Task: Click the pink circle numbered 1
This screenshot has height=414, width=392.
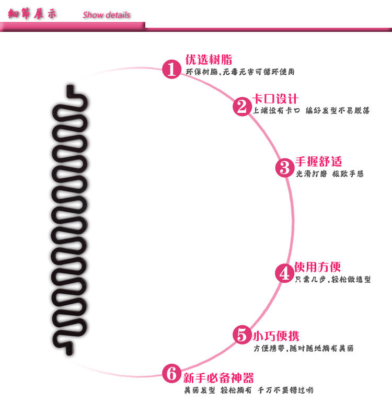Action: [x=171, y=68]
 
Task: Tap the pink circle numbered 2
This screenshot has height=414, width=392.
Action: [x=241, y=107]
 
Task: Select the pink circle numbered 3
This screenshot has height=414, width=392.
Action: [x=285, y=168]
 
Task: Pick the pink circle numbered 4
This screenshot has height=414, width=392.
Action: [x=285, y=273]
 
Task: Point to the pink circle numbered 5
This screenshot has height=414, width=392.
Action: [x=241, y=335]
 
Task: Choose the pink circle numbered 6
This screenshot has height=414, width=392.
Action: [x=171, y=373]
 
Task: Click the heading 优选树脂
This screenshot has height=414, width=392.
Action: [x=209, y=60]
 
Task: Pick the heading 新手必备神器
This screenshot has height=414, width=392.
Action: [x=218, y=377]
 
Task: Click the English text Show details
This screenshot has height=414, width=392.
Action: [x=106, y=15]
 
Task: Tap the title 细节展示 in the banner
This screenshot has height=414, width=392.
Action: [x=33, y=14]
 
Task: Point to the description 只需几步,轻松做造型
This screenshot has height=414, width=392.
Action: [x=333, y=280]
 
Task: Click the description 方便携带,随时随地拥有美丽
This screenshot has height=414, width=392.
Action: [x=303, y=349]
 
